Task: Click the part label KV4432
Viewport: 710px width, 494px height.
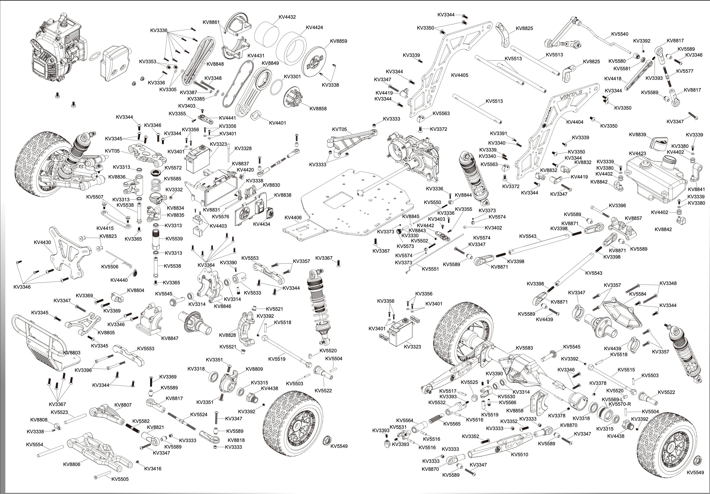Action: (x=287, y=17)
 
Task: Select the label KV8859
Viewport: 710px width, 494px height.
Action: (x=338, y=41)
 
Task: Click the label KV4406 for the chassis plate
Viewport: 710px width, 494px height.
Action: (x=293, y=218)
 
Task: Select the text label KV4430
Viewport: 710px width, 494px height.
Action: (x=42, y=242)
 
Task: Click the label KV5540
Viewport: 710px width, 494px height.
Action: (x=620, y=34)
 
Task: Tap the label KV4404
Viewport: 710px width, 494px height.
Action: (x=575, y=122)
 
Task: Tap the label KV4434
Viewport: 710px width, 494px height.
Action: (x=262, y=224)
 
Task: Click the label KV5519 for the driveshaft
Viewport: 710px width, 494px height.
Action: (x=277, y=359)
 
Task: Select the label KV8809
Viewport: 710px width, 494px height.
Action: (x=254, y=369)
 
